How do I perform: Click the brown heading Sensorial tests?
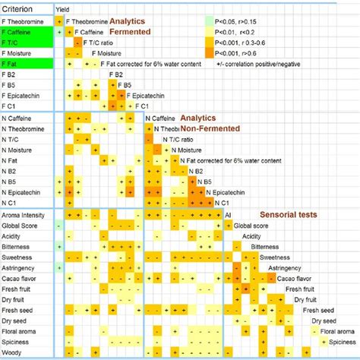point(288,215)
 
